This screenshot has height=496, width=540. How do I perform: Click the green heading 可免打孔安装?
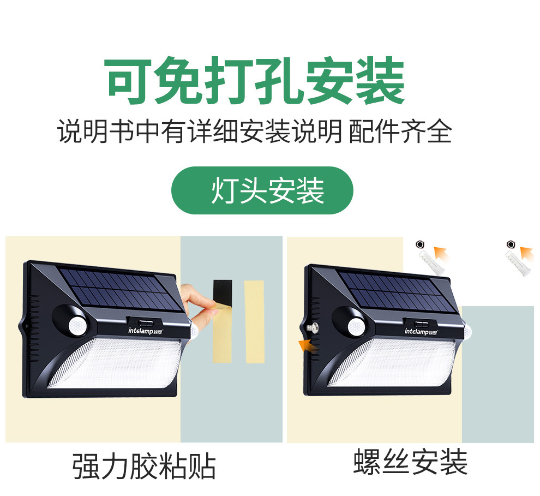(x=255, y=82)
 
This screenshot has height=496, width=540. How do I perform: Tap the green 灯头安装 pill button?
(x=262, y=190)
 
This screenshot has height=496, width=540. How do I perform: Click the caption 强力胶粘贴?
(x=144, y=467)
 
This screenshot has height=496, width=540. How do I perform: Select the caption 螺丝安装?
(x=410, y=462)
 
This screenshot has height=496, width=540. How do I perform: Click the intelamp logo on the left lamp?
(x=145, y=330)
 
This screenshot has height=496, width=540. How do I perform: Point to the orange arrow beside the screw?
(x=305, y=345)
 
